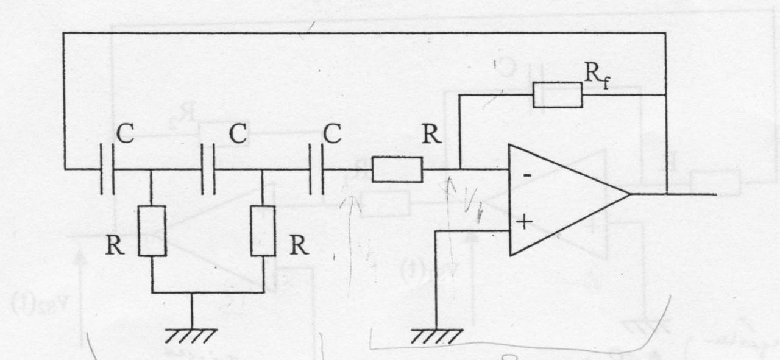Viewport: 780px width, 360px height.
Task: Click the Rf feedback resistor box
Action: [x=557, y=94]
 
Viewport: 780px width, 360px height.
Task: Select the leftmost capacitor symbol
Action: [x=107, y=169]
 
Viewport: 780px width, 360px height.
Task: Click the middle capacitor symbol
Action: [x=209, y=169]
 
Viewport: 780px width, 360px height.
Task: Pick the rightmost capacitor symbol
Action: [x=317, y=169]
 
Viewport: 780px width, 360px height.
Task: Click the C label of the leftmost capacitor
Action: [x=125, y=135]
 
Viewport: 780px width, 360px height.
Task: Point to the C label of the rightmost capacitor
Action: [x=332, y=135]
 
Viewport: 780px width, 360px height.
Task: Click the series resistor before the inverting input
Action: [x=397, y=169]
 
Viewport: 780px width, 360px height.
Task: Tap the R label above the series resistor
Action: [x=431, y=135]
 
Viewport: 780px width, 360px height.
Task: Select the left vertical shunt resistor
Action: [x=152, y=231]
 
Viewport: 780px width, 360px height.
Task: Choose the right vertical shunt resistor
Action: [x=263, y=231]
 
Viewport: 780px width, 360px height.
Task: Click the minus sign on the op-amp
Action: [x=526, y=174]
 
